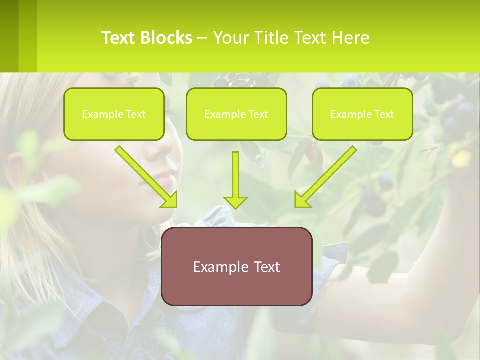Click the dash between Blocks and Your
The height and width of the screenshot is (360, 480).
pos(202,38)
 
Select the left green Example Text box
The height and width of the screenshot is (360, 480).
pos(114,114)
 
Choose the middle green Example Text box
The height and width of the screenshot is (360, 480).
pos(236,114)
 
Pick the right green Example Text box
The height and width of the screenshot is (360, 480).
pos(362,114)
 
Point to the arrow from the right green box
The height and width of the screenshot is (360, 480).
pos(325,177)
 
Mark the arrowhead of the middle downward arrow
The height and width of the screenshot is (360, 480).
pos(235,202)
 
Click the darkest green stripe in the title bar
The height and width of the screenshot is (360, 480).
pos(9,36)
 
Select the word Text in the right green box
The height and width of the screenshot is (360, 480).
pos(384,114)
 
